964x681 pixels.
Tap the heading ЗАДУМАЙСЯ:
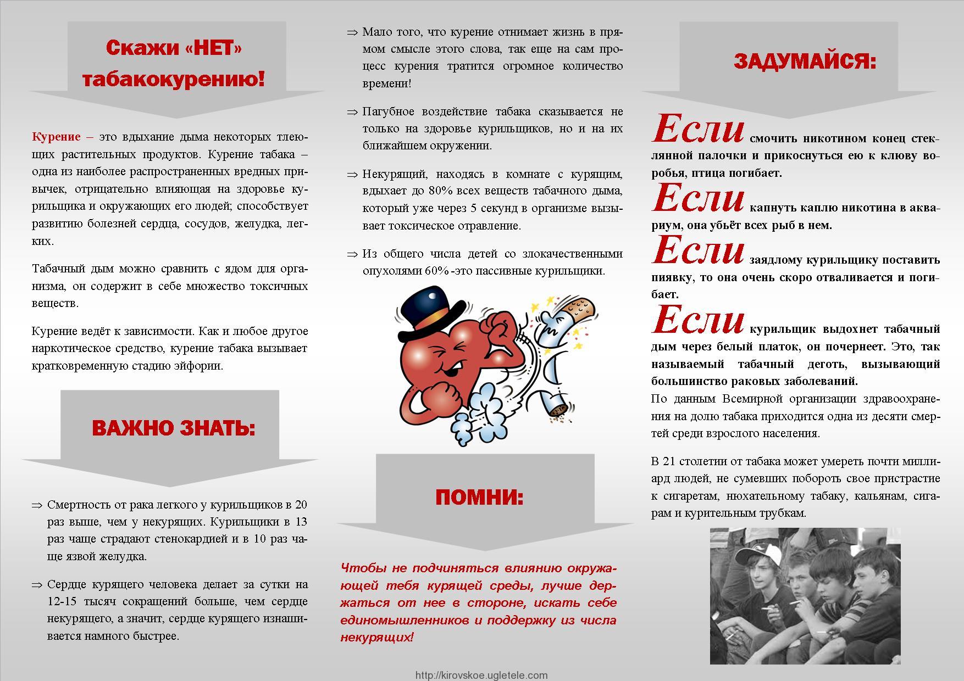[805, 62]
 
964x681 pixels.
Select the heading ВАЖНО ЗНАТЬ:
[174, 428]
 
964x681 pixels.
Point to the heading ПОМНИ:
[479, 497]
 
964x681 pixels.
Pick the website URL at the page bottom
[481, 675]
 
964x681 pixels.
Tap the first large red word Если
[699, 130]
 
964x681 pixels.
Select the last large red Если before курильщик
[699, 321]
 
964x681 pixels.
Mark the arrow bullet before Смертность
[37, 505]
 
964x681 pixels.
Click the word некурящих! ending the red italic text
[376, 638]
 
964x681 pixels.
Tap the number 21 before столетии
[669, 461]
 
